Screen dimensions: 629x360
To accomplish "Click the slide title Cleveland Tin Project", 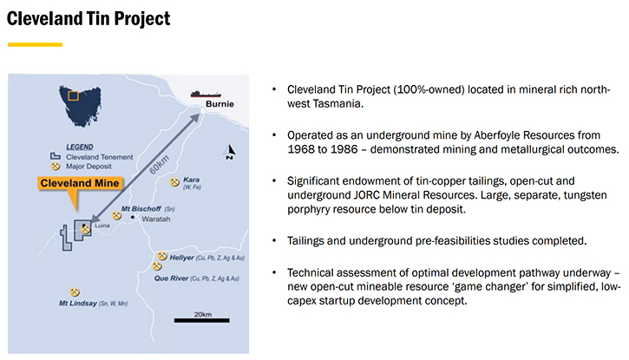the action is pyautogui.click(x=88, y=19).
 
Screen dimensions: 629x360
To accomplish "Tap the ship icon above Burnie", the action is pyautogui.click(x=206, y=95).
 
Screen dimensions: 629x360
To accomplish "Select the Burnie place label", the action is pyautogui.click(x=219, y=104).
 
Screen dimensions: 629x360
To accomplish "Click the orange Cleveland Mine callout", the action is pyautogui.click(x=80, y=183).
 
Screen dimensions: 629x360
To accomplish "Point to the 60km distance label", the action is pyautogui.click(x=160, y=164).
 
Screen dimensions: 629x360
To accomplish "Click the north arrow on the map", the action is pyautogui.click(x=230, y=152).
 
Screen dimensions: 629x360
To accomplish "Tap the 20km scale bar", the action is pyautogui.click(x=202, y=320).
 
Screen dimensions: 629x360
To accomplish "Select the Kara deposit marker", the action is pyautogui.click(x=174, y=182).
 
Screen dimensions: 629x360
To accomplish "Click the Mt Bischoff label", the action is pyautogui.click(x=141, y=209).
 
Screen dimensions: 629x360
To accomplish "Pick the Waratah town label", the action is pyautogui.click(x=156, y=219).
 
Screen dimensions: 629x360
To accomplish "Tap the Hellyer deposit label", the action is pyautogui.click(x=181, y=258).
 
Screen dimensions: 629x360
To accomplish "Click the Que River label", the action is pyautogui.click(x=171, y=278).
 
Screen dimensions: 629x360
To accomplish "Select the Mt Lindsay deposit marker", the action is pyautogui.click(x=75, y=291).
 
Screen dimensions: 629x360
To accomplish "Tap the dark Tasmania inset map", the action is pyautogui.click(x=80, y=106).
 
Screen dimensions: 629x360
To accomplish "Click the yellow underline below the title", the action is pyautogui.click(x=35, y=44).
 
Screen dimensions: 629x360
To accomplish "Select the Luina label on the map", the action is pyautogui.click(x=102, y=226).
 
